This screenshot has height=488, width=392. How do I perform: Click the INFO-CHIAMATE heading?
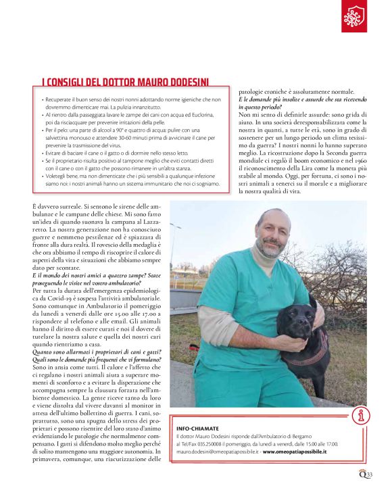(197, 429)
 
